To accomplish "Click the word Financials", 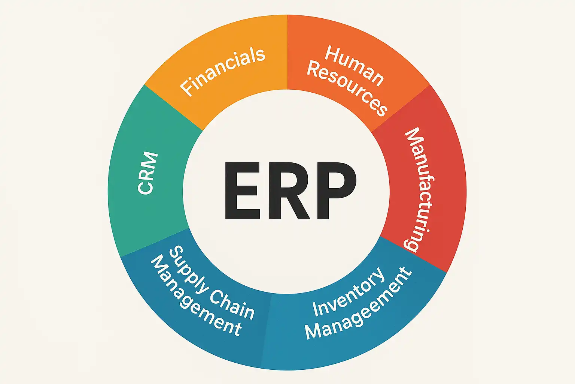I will [x=223, y=71].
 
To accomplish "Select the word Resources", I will [x=347, y=88].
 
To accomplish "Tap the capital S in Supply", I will [x=176, y=253].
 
